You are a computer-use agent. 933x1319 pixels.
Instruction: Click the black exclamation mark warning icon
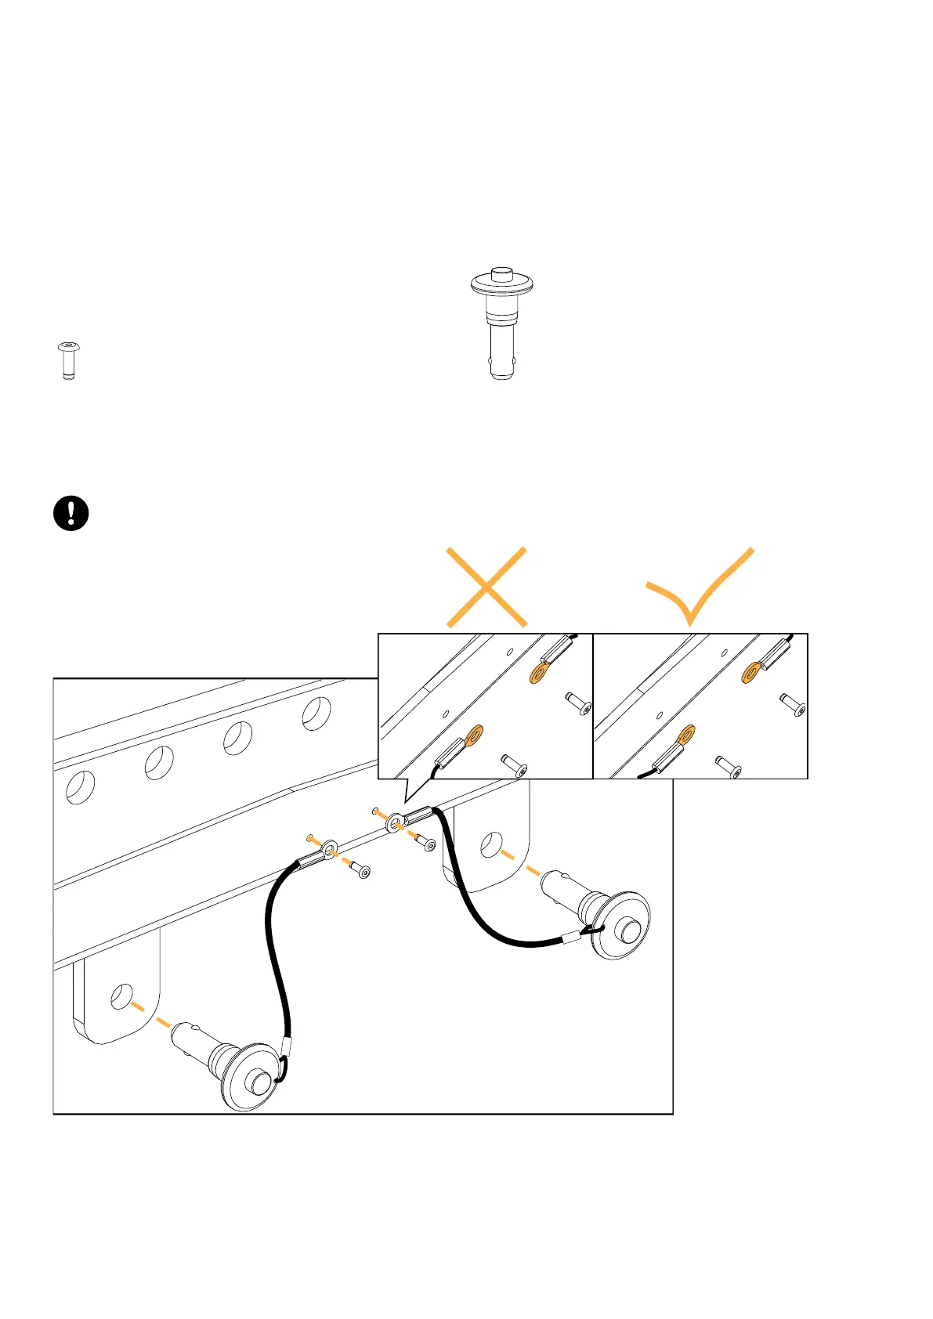tap(71, 514)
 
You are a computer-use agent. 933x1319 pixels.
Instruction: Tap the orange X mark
tap(486, 587)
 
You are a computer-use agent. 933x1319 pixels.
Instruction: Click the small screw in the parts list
tap(69, 360)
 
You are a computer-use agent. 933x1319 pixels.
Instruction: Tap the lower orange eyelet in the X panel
tap(473, 735)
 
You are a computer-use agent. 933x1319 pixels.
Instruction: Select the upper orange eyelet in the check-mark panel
tap(752, 671)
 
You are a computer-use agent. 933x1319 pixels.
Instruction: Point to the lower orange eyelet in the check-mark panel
tap(686, 735)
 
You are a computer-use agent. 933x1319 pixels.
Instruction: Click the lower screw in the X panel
tap(514, 764)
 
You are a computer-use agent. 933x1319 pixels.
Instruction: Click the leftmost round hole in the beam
tap(80, 787)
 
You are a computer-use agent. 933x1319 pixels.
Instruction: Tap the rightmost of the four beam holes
tap(316, 714)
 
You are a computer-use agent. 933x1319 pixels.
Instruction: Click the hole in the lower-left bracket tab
tap(121, 996)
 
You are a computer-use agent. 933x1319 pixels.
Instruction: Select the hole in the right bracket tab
tap(491, 844)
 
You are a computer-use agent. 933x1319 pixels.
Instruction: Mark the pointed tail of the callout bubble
tap(405, 799)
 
